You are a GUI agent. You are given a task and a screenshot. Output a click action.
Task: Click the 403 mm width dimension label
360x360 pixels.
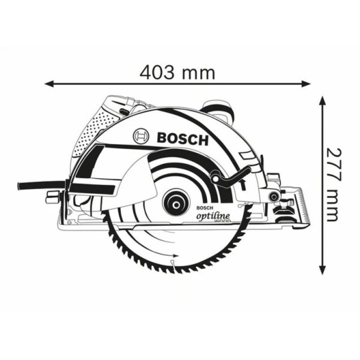coord(177,73)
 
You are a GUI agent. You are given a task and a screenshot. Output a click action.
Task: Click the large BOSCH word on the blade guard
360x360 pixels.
coord(183,138)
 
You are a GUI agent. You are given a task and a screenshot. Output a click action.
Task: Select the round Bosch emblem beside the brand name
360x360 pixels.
coord(141,136)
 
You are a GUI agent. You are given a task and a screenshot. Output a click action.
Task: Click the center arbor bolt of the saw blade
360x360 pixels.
coord(176,204)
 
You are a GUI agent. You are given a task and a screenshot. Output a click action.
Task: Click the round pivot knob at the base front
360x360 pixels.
coord(275,196)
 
